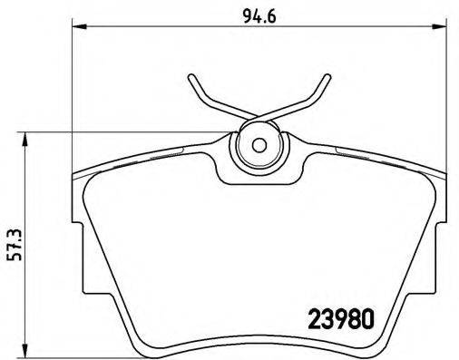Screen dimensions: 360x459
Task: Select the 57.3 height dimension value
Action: point(12,243)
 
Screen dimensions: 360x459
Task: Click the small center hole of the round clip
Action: point(258,144)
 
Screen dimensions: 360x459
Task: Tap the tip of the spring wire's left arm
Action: point(191,76)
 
